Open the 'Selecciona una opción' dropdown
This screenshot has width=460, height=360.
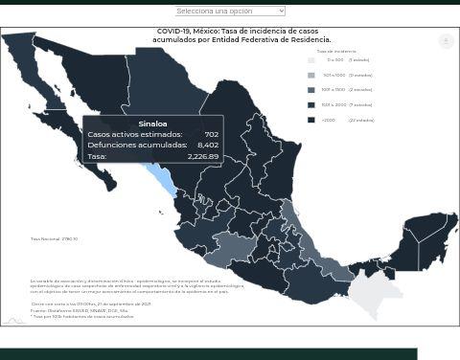(x=230, y=11)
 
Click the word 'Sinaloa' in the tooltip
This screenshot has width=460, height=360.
(x=152, y=124)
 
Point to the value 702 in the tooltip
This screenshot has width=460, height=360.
(x=211, y=135)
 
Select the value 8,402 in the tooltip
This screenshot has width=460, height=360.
(x=208, y=146)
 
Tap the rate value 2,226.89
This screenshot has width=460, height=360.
(x=203, y=156)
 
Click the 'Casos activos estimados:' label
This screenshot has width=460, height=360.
(x=134, y=135)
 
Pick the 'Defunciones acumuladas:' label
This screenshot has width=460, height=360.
(x=137, y=146)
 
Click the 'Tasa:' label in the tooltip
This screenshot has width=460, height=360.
(x=97, y=156)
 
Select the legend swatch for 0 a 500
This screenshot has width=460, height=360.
(x=311, y=60)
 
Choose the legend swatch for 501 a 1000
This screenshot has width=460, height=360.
(x=311, y=75)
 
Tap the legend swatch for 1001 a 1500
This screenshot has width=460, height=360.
(x=311, y=90)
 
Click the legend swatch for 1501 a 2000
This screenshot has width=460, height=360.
(x=311, y=104)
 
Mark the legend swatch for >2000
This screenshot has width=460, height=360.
(x=311, y=120)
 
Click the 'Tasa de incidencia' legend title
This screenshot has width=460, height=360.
(x=335, y=51)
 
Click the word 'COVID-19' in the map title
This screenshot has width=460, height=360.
(x=172, y=32)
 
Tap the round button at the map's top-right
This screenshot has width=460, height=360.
(x=446, y=41)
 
